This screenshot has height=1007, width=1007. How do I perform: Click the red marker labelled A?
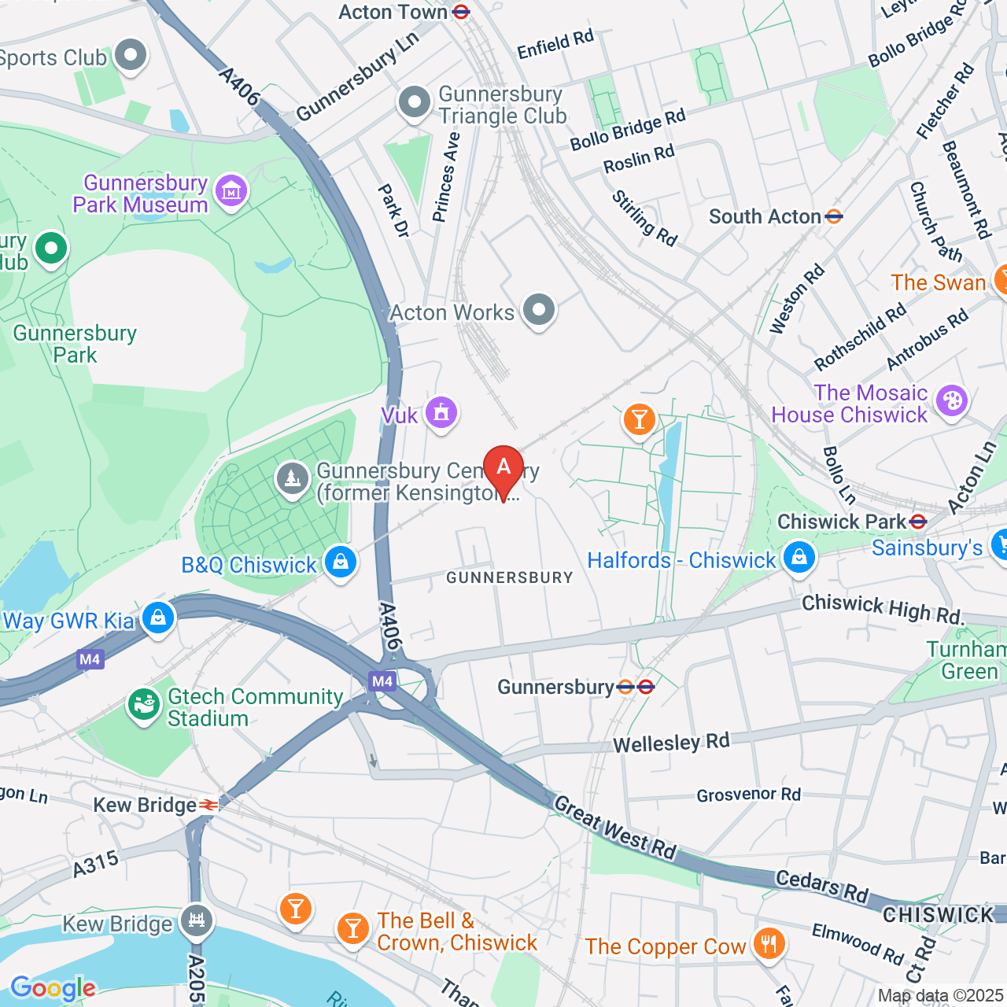coord(503,468)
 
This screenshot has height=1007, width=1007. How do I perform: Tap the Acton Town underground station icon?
coord(462,12)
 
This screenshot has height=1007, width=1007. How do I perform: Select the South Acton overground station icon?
coord(834,216)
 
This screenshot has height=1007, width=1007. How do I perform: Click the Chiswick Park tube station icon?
coord(917,522)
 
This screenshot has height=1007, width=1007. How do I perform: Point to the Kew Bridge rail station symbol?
coord(208,805)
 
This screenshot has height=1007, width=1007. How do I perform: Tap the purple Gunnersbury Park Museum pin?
coord(231,191)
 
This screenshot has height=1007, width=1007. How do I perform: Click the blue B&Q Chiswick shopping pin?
coord(340,563)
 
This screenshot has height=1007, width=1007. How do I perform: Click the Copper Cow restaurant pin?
coord(769,943)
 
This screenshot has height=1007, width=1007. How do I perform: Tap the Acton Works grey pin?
coord(539,310)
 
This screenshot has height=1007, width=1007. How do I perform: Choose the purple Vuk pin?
coord(441,412)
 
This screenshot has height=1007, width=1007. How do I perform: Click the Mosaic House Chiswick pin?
coord(952,401)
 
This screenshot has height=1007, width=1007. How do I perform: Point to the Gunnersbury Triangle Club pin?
coord(414,102)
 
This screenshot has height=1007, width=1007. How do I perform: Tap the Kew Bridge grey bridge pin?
coord(196,920)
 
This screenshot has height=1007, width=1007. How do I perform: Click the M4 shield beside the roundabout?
coord(382,681)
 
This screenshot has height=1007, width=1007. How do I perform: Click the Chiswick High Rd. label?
coord(883,609)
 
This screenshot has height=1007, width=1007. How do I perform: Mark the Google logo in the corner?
coord(53,988)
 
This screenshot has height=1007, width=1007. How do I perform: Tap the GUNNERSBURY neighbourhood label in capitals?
coord(510,577)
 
